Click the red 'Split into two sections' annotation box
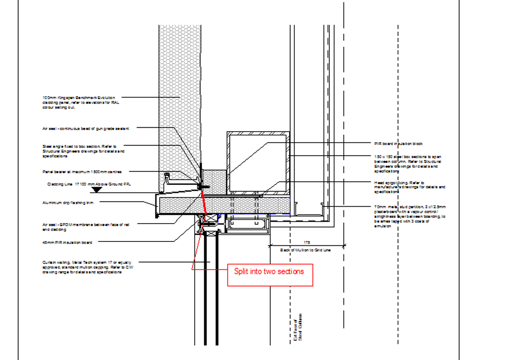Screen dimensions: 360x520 point(270,274)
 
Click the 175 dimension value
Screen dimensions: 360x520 point(307,242)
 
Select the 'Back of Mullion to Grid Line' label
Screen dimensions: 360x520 point(306,250)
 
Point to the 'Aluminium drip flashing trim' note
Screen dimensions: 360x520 point(68,203)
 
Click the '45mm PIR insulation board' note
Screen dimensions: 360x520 point(67,242)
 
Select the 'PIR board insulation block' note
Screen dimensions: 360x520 point(398,144)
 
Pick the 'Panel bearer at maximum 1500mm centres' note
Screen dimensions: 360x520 point(82,172)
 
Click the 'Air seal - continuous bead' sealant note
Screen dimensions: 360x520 point(85,129)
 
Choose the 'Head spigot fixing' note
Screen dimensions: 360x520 point(410,184)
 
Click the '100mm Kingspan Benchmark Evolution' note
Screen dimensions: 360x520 point(79,102)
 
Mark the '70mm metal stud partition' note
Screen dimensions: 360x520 point(410,216)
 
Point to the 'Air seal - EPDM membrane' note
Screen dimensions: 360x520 point(85,226)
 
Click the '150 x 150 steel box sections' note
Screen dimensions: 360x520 point(408,164)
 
